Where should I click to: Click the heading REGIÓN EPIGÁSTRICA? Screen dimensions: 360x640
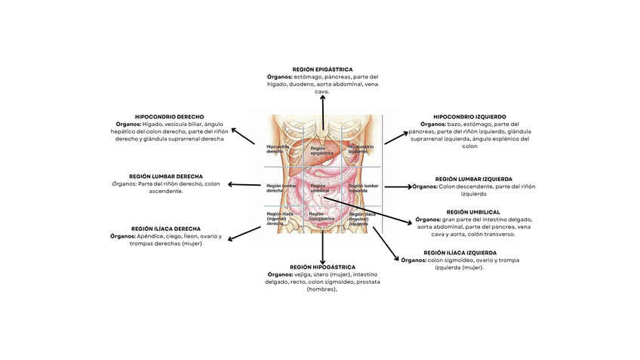[322, 69]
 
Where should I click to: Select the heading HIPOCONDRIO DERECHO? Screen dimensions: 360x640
[169, 116]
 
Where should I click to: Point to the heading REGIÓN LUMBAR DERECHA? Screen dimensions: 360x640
[166, 176]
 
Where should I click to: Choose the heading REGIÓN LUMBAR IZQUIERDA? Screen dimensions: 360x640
[474, 179]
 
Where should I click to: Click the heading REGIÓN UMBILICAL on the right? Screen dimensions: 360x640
[473, 212]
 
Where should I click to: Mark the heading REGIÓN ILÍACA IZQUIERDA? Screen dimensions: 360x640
[460, 253]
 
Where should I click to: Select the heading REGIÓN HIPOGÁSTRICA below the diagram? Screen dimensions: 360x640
[322, 266]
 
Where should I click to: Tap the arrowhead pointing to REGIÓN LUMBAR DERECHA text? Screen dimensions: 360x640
[229, 184]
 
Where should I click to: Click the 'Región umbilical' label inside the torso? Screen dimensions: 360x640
[318, 187]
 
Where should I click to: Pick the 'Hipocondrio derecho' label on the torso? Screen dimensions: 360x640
[278, 149]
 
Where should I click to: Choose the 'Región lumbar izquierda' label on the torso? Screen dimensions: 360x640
[363, 187]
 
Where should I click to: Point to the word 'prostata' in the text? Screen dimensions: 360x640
[367, 282]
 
